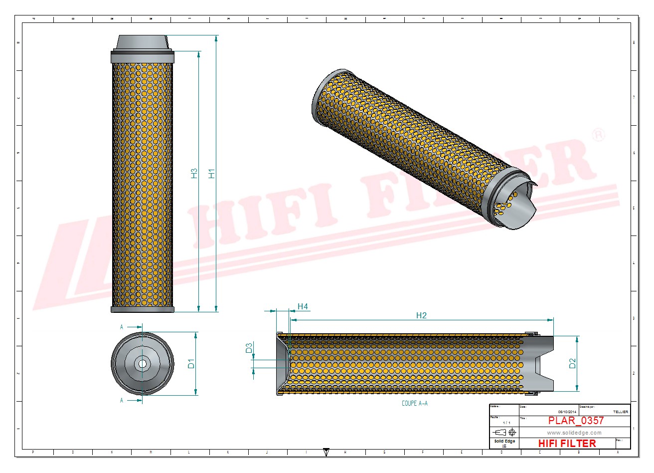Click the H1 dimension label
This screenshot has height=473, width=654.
point(212,174)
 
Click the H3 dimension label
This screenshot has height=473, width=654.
point(194,174)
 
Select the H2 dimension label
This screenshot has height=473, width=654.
point(421,315)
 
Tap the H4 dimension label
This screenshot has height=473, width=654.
point(303,306)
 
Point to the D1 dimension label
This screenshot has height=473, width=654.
point(191,364)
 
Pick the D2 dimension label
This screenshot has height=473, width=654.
point(572,363)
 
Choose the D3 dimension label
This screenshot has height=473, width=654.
point(249,348)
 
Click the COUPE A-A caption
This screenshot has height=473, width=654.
point(415,403)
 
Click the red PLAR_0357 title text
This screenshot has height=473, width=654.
point(576,421)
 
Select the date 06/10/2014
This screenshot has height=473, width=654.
point(567,412)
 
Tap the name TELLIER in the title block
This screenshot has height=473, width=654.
point(620,412)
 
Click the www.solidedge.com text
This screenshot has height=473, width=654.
point(574,433)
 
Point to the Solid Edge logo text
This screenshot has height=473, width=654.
point(504,442)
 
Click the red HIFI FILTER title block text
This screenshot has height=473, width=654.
point(567,444)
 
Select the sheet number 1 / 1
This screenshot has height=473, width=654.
point(506,423)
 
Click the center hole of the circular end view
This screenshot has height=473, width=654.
point(143,364)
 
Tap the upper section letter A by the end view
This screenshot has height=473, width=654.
point(122,327)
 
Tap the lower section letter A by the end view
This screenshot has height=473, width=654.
point(122,400)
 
